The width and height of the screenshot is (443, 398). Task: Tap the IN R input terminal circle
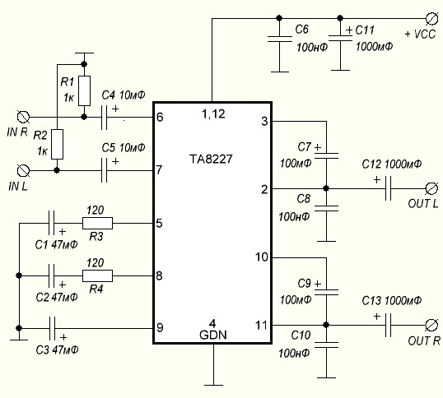24,117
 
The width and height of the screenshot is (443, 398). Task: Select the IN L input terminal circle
24,170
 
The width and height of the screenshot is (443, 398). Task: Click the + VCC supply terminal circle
430,17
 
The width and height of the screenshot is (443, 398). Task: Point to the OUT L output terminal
430,189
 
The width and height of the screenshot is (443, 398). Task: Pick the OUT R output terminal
430,326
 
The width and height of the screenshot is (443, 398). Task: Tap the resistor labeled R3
97,222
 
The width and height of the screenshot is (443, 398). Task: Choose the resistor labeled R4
97,275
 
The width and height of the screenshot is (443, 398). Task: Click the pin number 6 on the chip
159,117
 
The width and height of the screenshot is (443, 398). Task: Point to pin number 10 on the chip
262,257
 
